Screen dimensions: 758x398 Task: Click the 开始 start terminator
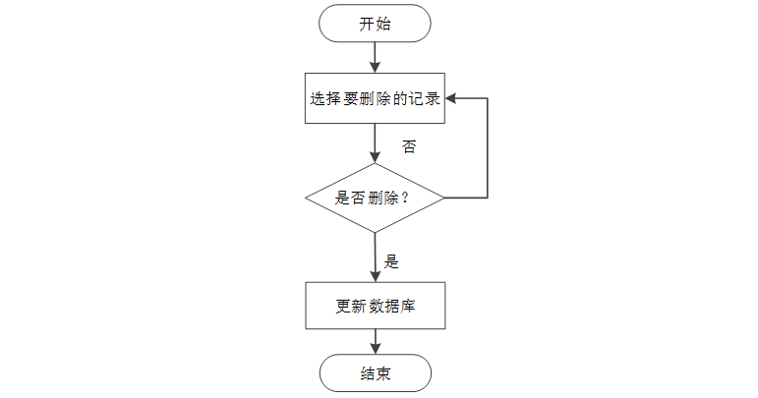(x=375, y=24)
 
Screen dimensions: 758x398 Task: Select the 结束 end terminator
(x=376, y=372)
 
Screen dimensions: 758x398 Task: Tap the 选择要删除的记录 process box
(x=375, y=98)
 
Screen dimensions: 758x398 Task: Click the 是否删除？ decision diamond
(x=375, y=198)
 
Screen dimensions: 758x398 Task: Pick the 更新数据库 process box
(x=376, y=306)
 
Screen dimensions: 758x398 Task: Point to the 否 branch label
(x=409, y=146)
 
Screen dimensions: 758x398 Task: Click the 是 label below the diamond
(x=391, y=261)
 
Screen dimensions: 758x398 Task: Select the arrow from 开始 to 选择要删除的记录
(x=375, y=57)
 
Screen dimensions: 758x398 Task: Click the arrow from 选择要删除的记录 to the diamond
(x=375, y=143)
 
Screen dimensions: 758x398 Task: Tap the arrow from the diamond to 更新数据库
(x=376, y=257)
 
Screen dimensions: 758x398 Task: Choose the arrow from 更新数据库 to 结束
(x=376, y=341)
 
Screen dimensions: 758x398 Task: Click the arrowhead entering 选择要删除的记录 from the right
(x=450, y=98)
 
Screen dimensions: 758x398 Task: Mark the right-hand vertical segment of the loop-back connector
(x=488, y=148)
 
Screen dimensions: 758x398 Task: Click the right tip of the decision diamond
(x=444, y=198)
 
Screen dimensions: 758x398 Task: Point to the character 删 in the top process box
(x=367, y=98)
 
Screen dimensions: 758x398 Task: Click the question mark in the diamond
(x=405, y=198)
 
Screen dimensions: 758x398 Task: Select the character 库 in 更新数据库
(x=408, y=306)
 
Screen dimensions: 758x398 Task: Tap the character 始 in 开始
(x=382, y=24)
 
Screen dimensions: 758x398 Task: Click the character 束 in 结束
(x=383, y=373)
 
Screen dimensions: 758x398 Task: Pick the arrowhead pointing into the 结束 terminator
(x=376, y=349)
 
